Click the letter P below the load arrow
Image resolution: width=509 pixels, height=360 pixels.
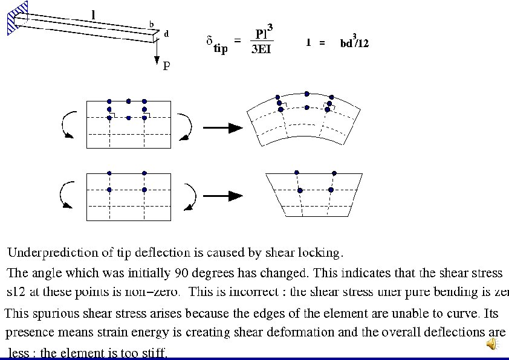[166, 66]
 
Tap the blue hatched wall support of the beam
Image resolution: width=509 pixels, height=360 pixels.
[18, 19]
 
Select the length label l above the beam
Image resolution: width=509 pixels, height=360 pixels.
[92, 13]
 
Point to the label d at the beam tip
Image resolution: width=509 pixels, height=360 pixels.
[166, 34]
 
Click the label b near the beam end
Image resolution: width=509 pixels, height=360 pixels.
[151, 25]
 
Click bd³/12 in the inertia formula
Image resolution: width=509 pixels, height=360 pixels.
[354, 42]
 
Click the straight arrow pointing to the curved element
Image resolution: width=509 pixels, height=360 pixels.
[222, 128]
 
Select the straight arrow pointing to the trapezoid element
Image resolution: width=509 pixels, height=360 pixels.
[222, 196]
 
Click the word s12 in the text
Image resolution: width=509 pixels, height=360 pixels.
[16, 292]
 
